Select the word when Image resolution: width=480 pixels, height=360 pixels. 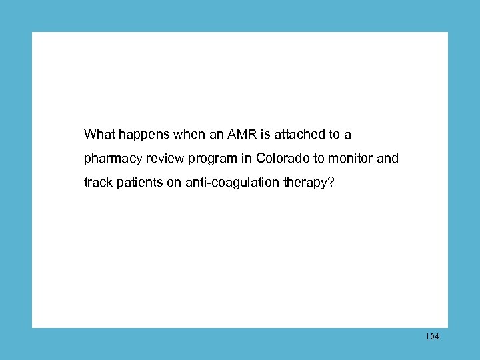[x=189, y=135]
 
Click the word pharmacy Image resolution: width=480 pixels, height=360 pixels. [x=110, y=159]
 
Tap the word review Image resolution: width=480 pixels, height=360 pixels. [x=159, y=159]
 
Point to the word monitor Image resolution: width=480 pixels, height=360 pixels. [x=351, y=159]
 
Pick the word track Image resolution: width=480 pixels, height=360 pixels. [x=97, y=183]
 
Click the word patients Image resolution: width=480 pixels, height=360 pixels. [x=138, y=183]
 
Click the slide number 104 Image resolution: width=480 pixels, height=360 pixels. [x=432, y=337]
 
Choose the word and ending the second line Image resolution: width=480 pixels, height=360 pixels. [x=388, y=159]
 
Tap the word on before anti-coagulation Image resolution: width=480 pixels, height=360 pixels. [x=173, y=183]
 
